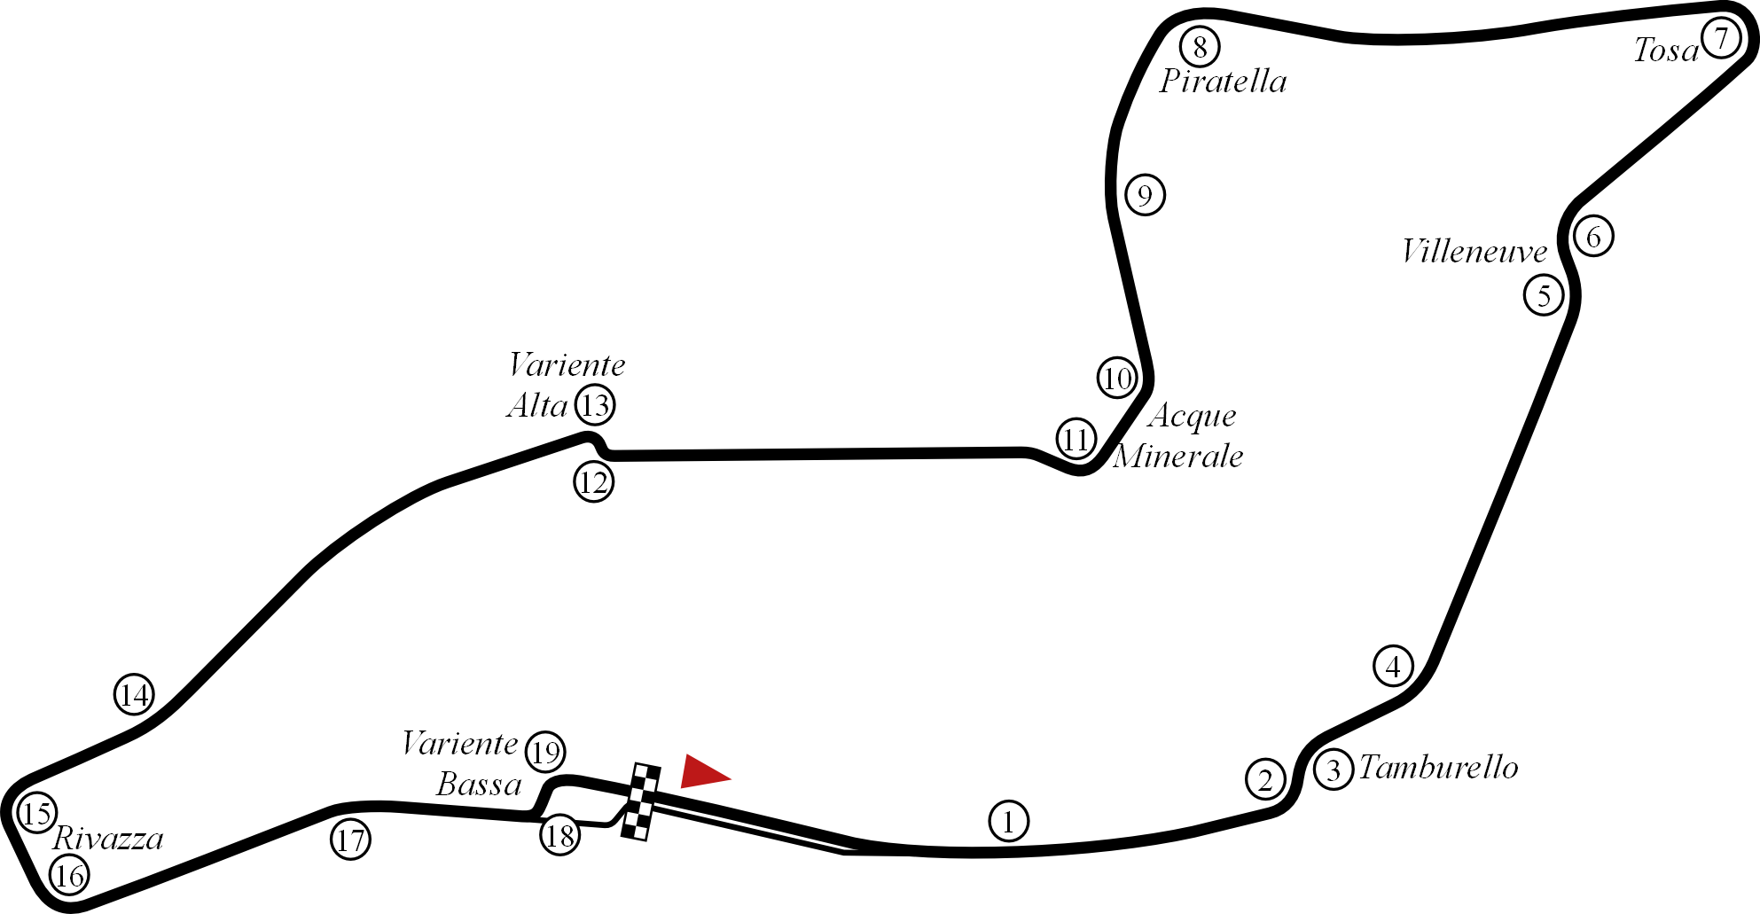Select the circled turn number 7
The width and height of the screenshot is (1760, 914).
point(1720,39)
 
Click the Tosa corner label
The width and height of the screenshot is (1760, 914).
point(1664,51)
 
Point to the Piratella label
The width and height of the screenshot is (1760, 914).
point(1223,82)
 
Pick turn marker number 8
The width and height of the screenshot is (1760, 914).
point(1200,47)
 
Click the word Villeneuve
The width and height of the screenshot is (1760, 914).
point(1474,253)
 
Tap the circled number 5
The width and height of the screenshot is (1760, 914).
point(1544,295)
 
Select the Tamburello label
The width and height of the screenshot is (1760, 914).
point(1438,768)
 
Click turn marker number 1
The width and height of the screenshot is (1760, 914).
point(1008,822)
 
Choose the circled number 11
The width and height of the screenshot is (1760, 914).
point(1076,439)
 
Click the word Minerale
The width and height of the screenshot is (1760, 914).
point(1177,457)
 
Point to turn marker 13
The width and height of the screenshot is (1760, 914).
point(596,406)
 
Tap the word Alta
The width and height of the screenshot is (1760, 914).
point(537,406)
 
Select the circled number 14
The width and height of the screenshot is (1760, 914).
point(135,694)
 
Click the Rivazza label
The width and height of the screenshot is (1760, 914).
point(108,838)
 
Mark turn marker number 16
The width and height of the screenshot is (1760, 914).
point(69,876)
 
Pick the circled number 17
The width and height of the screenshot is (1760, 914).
point(351,839)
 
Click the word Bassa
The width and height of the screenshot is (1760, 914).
point(479,785)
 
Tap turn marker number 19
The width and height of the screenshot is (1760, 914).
point(545,752)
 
